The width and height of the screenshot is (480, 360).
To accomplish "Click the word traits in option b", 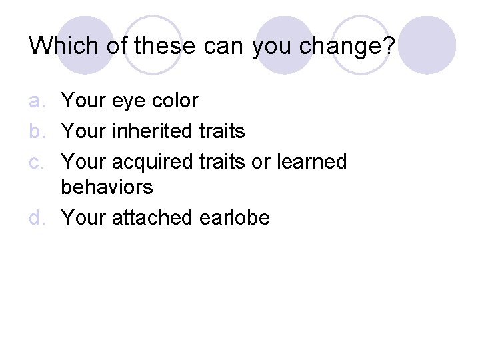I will point(221,131).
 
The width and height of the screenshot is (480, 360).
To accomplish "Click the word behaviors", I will point(107,187).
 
